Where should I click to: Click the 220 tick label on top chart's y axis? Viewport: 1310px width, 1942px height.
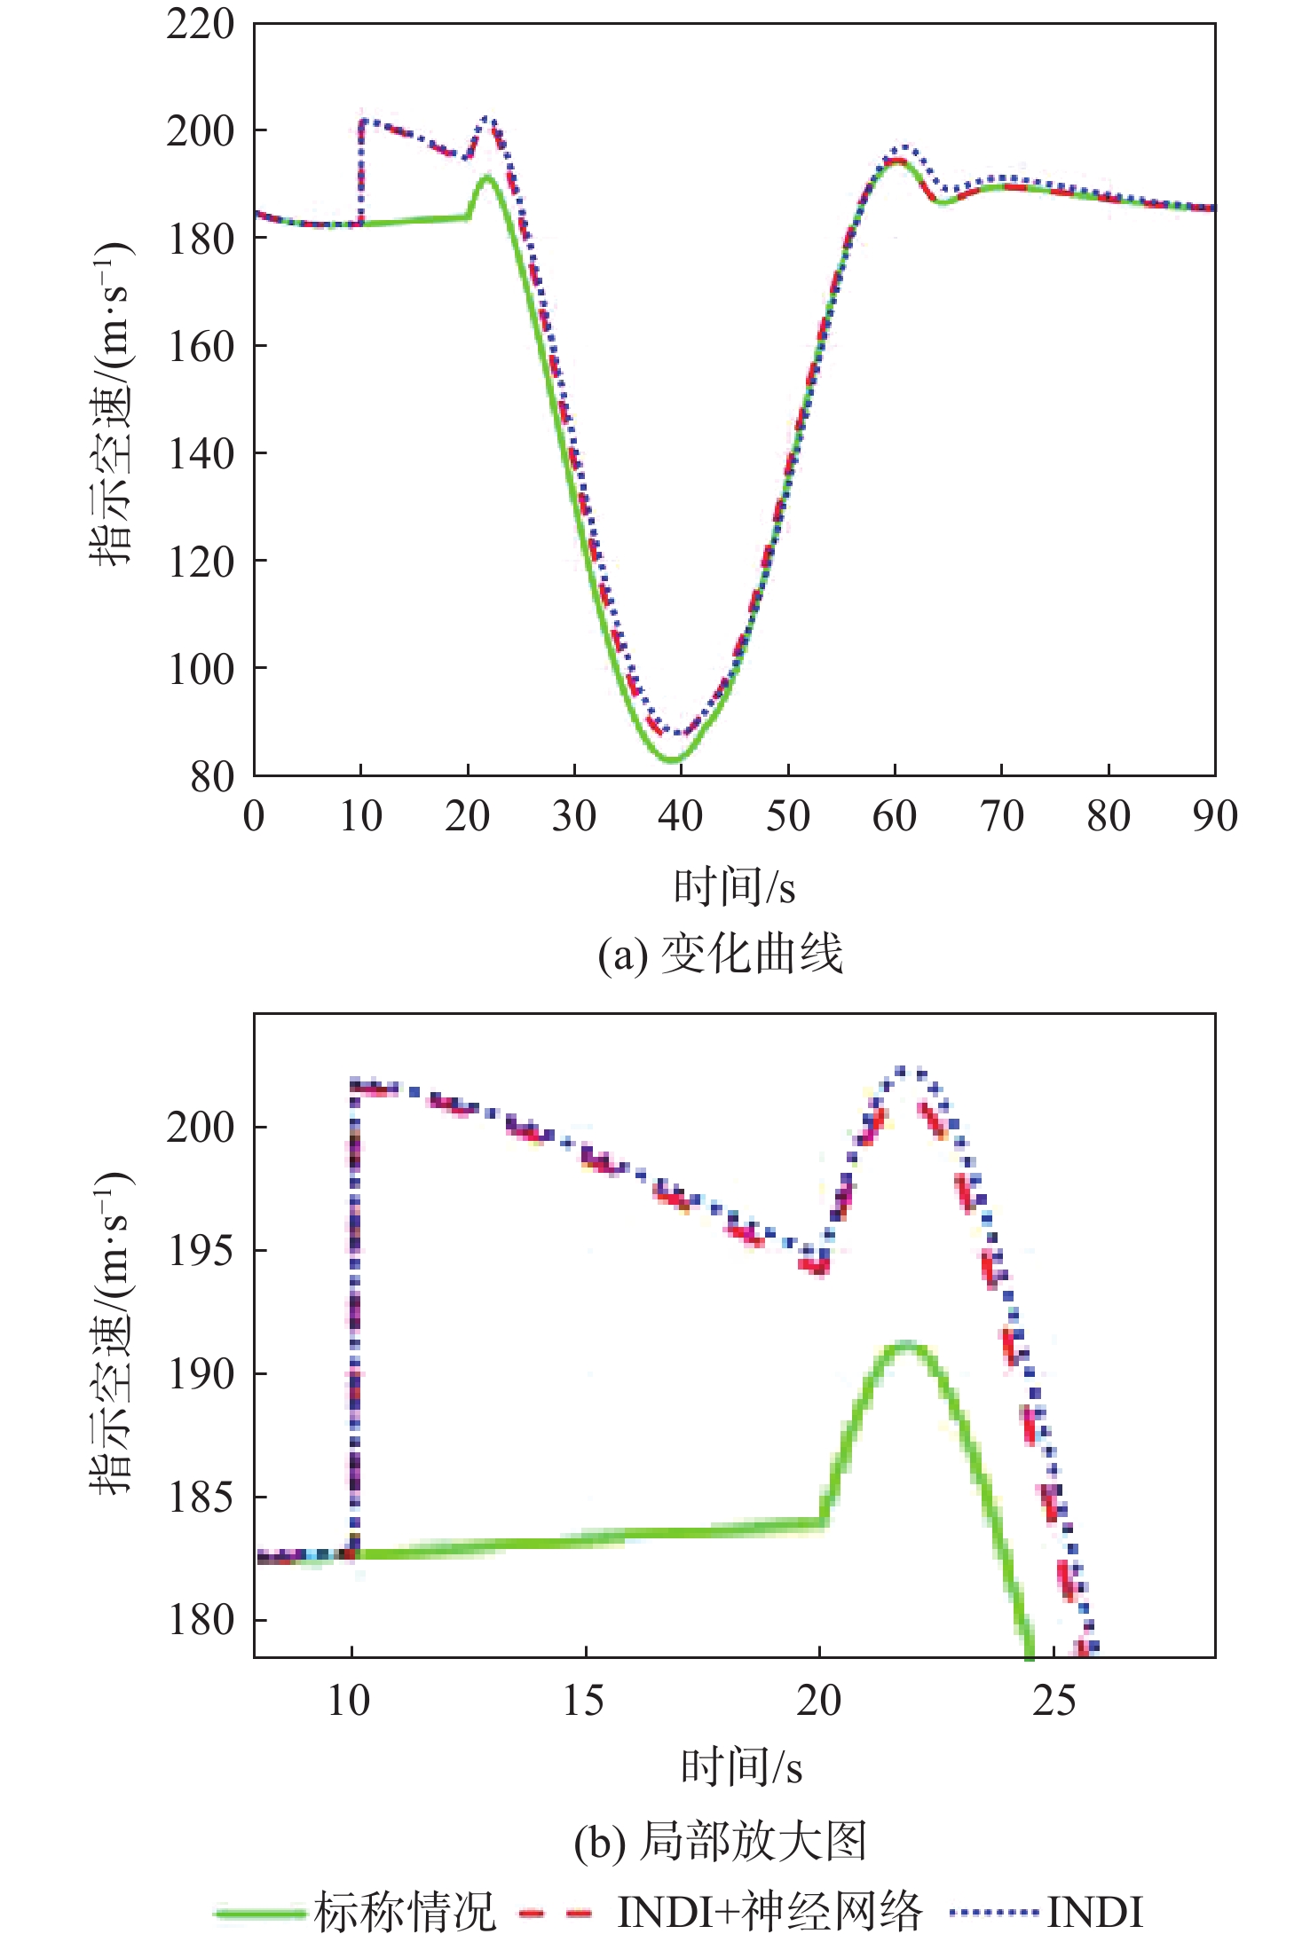(200, 25)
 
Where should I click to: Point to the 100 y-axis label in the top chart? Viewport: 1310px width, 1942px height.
(200, 669)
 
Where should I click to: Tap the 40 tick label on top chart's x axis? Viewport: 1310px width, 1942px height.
(681, 816)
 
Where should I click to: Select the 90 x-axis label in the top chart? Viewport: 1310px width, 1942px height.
(1214, 816)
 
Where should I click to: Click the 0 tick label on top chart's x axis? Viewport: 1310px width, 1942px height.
(254, 816)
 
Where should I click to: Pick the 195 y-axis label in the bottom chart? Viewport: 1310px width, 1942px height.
(200, 1250)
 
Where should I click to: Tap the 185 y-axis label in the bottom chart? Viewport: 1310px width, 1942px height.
(200, 1498)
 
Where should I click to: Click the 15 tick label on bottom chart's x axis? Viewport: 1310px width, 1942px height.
(584, 1701)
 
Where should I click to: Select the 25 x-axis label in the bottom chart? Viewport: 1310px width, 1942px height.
(1054, 1701)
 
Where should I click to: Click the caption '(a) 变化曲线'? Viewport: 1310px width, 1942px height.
(720, 955)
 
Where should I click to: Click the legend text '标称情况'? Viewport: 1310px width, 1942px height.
(405, 1912)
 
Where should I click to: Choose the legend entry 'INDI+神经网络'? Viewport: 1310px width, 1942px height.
(769, 1912)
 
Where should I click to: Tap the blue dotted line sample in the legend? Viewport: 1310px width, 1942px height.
(993, 1912)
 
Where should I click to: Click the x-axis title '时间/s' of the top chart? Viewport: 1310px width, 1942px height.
(734, 887)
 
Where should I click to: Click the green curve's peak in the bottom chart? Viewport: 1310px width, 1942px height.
(906, 1346)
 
